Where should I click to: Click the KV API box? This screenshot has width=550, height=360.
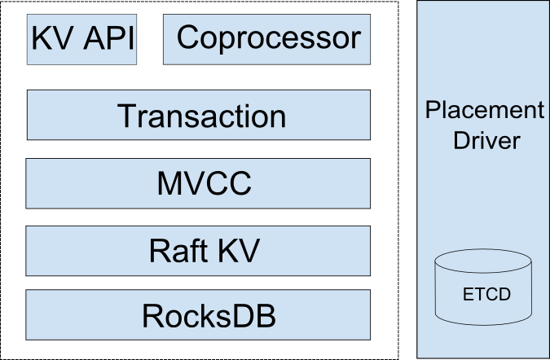click(82, 39)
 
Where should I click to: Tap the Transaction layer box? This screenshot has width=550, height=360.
click(200, 115)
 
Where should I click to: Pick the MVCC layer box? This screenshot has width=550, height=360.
click(200, 183)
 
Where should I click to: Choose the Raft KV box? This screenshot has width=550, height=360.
click(200, 251)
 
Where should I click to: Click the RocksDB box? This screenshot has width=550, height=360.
click(200, 315)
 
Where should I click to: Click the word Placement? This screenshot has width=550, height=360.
click(484, 110)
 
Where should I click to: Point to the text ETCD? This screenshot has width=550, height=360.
click(484, 294)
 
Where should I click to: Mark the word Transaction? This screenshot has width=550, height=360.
click(202, 116)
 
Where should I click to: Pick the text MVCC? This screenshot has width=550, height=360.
click(205, 183)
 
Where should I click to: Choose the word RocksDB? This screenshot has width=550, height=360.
click(209, 315)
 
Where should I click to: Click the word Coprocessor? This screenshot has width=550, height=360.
click(268, 37)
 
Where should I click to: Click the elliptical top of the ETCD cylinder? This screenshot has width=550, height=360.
click(484, 262)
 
